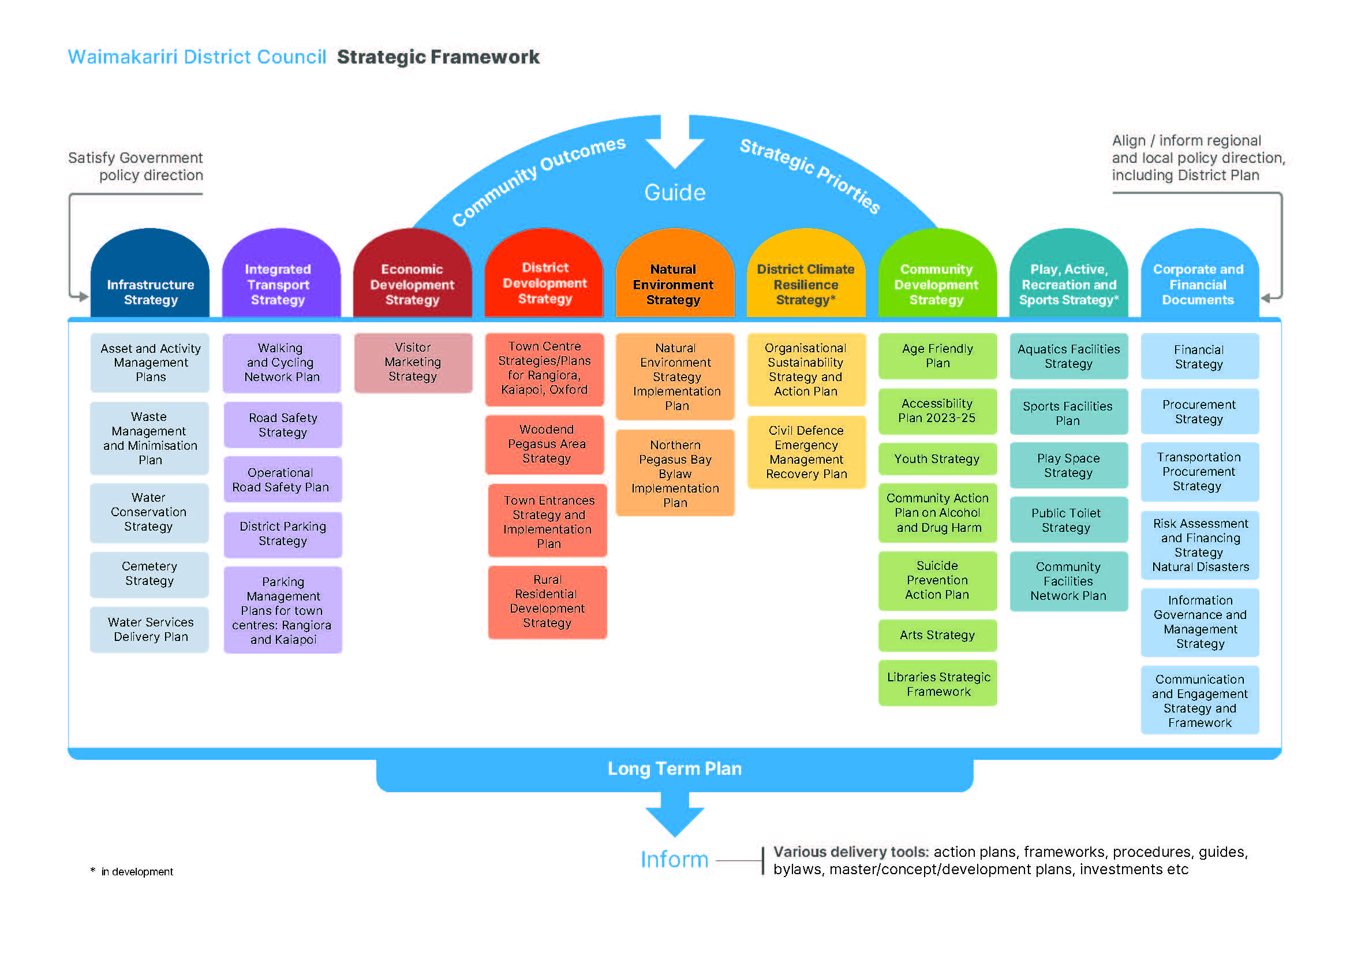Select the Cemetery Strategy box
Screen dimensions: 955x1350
point(149,574)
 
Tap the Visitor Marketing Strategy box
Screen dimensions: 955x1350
point(413,362)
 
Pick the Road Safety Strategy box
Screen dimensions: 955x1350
point(283,424)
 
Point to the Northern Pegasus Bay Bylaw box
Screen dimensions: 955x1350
point(675,473)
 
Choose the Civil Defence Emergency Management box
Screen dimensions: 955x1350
point(806,452)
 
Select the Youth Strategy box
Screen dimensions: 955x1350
point(937,458)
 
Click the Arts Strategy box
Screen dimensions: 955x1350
point(937,635)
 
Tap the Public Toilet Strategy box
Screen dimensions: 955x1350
point(1068,520)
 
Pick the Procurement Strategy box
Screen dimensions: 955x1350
point(1199,412)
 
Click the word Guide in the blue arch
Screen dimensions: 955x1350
point(674,193)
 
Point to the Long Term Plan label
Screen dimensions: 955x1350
point(674,769)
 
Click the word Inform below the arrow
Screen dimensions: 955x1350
point(674,860)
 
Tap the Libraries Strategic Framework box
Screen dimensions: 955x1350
point(938,684)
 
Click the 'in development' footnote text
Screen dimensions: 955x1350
point(136,871)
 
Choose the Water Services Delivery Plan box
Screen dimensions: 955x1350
point(150,629)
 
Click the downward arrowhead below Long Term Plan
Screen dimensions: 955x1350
point(674,820)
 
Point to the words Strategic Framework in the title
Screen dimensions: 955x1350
point(438,57)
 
